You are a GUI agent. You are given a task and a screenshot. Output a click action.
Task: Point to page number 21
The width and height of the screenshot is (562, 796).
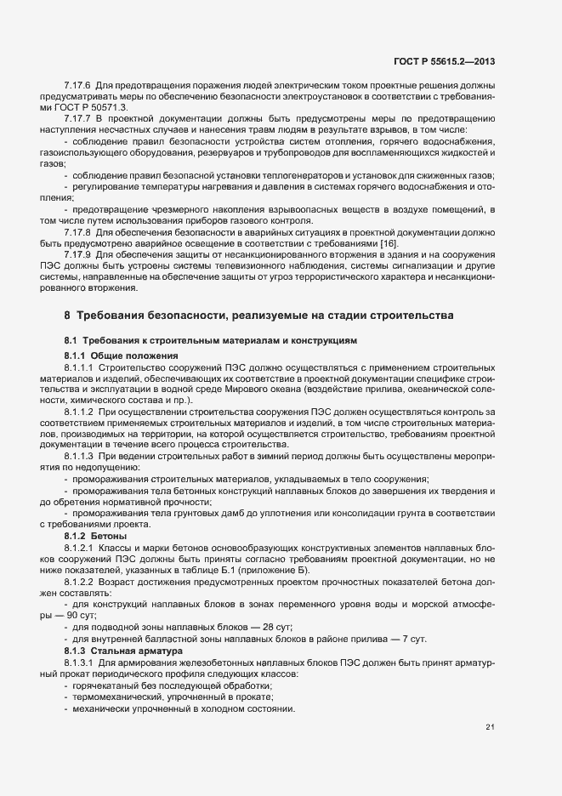click(x=490, y=727)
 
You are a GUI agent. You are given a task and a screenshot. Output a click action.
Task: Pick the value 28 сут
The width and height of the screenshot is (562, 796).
click(x=274, y=625)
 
